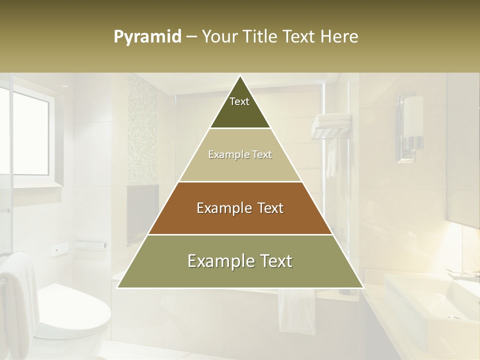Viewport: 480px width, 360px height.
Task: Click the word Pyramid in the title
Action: click(x=147, y=37)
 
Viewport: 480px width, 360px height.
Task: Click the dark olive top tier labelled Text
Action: click(x=239, y=107)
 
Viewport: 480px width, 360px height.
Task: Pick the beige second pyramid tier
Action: click(x=240, y=155)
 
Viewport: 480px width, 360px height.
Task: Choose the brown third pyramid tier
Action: click(x=240, y=208)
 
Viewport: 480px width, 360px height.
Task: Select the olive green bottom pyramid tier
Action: click(x=240, y=261)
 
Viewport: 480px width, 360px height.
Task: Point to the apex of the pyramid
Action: click(x=240, y=76)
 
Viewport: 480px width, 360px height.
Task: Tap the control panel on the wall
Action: click(x=90, y=245)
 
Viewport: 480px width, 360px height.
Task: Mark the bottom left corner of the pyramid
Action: click(x=117, y=287)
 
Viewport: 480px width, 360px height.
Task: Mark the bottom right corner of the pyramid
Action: click(x=363, y=287)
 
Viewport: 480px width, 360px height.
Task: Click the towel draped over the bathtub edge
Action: click(x=297, y=310)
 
